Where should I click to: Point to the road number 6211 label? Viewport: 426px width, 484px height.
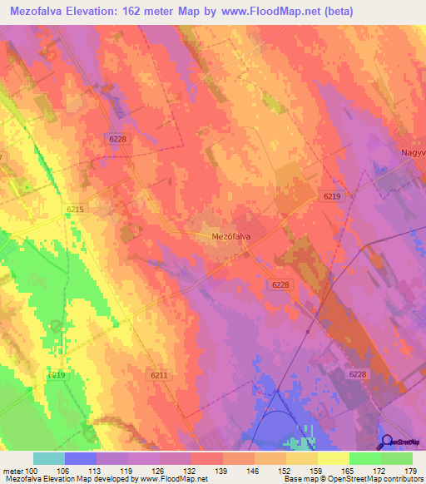(159, 376)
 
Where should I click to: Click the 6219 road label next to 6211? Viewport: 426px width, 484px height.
(56, 376)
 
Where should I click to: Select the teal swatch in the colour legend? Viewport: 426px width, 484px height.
(49, 457)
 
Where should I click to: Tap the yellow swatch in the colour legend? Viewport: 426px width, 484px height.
(333, 457)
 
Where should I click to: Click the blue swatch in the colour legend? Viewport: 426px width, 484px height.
(81, 457)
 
